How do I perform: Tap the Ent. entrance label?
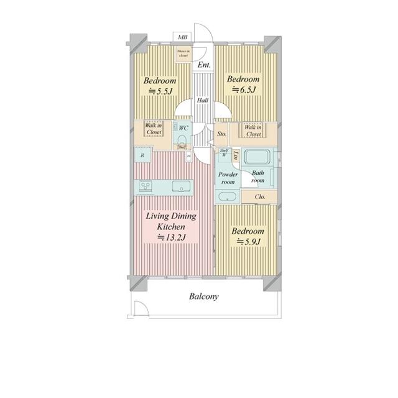pyautogui.click(x=204, y=65)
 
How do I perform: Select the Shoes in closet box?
pyautogui.click(x=183, y=54)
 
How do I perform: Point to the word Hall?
pyautogui.click(x=203, y=100)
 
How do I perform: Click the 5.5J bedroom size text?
pyautogui.click(x=160, y=91)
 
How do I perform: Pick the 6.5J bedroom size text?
pyautogui.click(x=243, y=90)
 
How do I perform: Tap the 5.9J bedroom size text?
pyautogui.click(x=248, y=241)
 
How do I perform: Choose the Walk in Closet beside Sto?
pyautogui.click(x=252, y=131)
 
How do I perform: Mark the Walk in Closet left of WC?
pyautogui.click(x=153, y=129)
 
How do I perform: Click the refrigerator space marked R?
pyautogui.click(x=142, y=155)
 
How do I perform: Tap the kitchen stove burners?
pyautogui.click(x=146, y=186)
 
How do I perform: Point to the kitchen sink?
pyautogui.click(x=182, y=186)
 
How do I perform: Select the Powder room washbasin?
pyautogui.click(x=226, y=197)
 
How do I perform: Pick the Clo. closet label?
pyautogui.click(x=261, y=197)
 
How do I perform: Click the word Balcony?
pyautogui.click(x=203, y=297)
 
